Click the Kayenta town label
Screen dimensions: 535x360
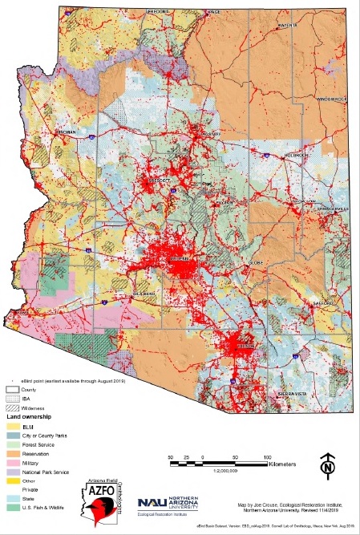tap(288, 25)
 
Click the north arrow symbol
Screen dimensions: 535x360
tap(326, 464)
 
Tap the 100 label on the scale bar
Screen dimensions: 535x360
tap(266, 456)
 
